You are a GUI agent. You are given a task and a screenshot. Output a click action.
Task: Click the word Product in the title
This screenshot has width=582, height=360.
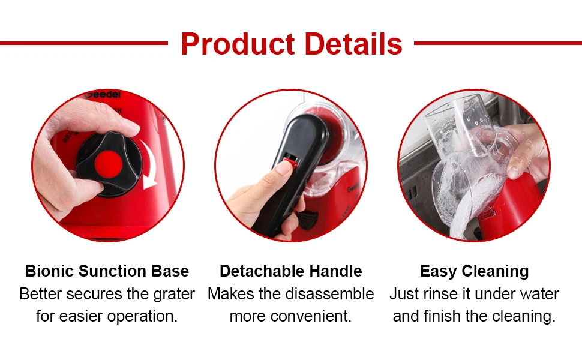tap(238, 44)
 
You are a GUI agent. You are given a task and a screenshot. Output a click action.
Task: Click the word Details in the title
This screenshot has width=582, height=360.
tap(353, 44)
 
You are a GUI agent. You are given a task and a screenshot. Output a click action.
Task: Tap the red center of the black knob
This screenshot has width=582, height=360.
tap(109, 164)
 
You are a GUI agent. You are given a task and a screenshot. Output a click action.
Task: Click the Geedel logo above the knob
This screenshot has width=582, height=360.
tap(103, 95)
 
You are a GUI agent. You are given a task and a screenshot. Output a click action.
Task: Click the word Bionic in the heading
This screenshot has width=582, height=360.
tap(49, 271)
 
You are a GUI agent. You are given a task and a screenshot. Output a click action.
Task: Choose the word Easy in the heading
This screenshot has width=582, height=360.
tap(439, 272)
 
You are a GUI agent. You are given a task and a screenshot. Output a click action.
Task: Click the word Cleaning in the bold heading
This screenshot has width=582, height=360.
tap(496, 272)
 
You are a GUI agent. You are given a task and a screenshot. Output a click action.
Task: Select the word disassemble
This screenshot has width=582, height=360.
tap(333, 294)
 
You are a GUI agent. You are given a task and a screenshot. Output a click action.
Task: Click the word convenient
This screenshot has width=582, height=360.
tap(311, 316)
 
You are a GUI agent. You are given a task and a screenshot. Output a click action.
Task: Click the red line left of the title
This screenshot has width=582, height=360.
tap(84, 43)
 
